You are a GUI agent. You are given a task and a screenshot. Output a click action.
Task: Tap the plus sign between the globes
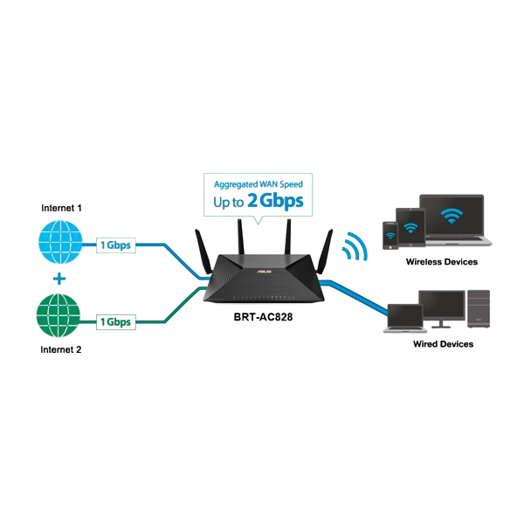59,279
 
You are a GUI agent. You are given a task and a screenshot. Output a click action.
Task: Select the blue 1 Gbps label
114,245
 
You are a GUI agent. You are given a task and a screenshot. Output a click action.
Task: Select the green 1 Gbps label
114,322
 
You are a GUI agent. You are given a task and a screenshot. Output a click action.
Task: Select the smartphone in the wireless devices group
389,234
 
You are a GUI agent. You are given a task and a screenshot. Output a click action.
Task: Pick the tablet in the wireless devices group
409,227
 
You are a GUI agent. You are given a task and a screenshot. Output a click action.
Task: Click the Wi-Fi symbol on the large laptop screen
452,215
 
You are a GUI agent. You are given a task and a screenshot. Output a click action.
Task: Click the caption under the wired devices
444,345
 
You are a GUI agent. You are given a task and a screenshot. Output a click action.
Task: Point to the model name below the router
263,316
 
